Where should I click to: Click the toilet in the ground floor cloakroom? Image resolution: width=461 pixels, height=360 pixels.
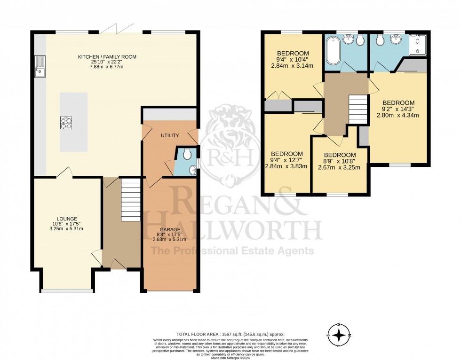[187, 154]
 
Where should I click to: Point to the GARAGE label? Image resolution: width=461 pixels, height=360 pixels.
[169, 230]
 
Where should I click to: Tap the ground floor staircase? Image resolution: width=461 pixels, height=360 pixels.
[131, 199]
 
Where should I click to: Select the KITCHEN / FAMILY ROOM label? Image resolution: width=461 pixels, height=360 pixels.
[107, 57]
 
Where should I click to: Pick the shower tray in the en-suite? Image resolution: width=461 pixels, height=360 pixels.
[417, 46]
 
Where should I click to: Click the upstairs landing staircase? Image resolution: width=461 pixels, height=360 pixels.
[358, 109]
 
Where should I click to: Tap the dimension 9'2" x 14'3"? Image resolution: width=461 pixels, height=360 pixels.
[398, 109]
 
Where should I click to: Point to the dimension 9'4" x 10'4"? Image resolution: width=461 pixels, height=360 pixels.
[293, 59]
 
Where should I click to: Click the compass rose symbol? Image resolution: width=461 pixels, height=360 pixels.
[339, 334]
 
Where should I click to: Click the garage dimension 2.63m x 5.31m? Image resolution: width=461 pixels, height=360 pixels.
[169, 240]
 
